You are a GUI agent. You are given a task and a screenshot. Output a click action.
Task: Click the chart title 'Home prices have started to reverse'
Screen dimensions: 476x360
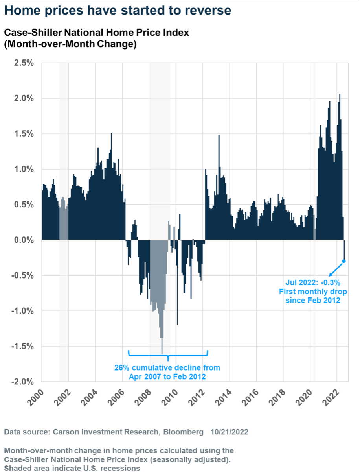pyautogui.click(x=118, y=11)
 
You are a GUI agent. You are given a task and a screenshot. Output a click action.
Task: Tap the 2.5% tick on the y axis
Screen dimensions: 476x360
pyautogui.click(x=24, y=63)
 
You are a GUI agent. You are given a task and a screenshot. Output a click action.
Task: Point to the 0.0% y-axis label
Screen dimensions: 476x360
pyautogui.click(x=24, y=240)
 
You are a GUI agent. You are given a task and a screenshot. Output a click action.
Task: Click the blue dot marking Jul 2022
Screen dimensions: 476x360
pyautogui.click(x=344, y=261)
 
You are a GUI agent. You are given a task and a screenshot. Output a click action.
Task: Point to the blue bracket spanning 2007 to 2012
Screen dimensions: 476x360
pyautogui.click(x=168, y=354)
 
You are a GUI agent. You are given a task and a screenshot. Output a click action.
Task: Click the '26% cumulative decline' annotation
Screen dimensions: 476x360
pyautogui.click(x=167, y=368)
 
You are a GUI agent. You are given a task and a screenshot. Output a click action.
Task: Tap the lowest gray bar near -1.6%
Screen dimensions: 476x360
pyautogui.click(x=162, y=346)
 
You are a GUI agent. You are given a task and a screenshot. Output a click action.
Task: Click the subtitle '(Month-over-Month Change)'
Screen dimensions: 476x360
pyautogui.click(x=70, y=44)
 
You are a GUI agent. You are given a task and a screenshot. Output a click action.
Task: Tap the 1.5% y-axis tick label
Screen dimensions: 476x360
pyautogui.click(x=24, y=134)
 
